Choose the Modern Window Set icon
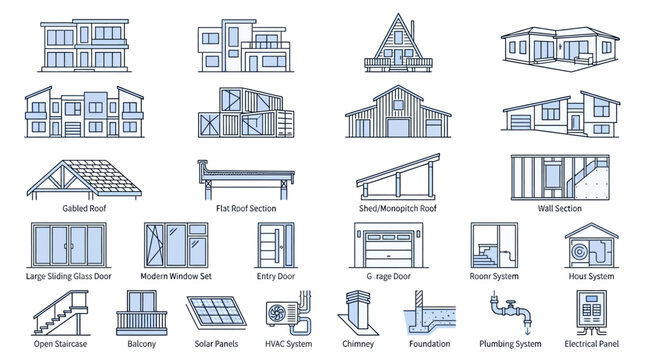(175, 243)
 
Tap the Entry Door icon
(271, 243)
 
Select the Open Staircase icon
(56, 313)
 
